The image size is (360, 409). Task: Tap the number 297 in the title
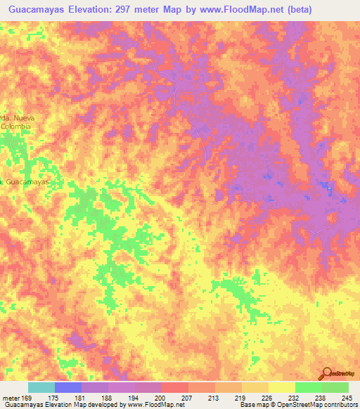click(x=123, y=10)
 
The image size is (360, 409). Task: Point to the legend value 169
click(x=27, y=397)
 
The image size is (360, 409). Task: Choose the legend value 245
click(x=348, y=397)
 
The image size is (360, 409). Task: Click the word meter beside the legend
click(x=11, y=397)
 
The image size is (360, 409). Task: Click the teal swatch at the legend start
click(x=41, y=387)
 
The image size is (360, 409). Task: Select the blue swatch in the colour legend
click(x=68, y=387)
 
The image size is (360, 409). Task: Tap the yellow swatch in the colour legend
click(x=281, y=387)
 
